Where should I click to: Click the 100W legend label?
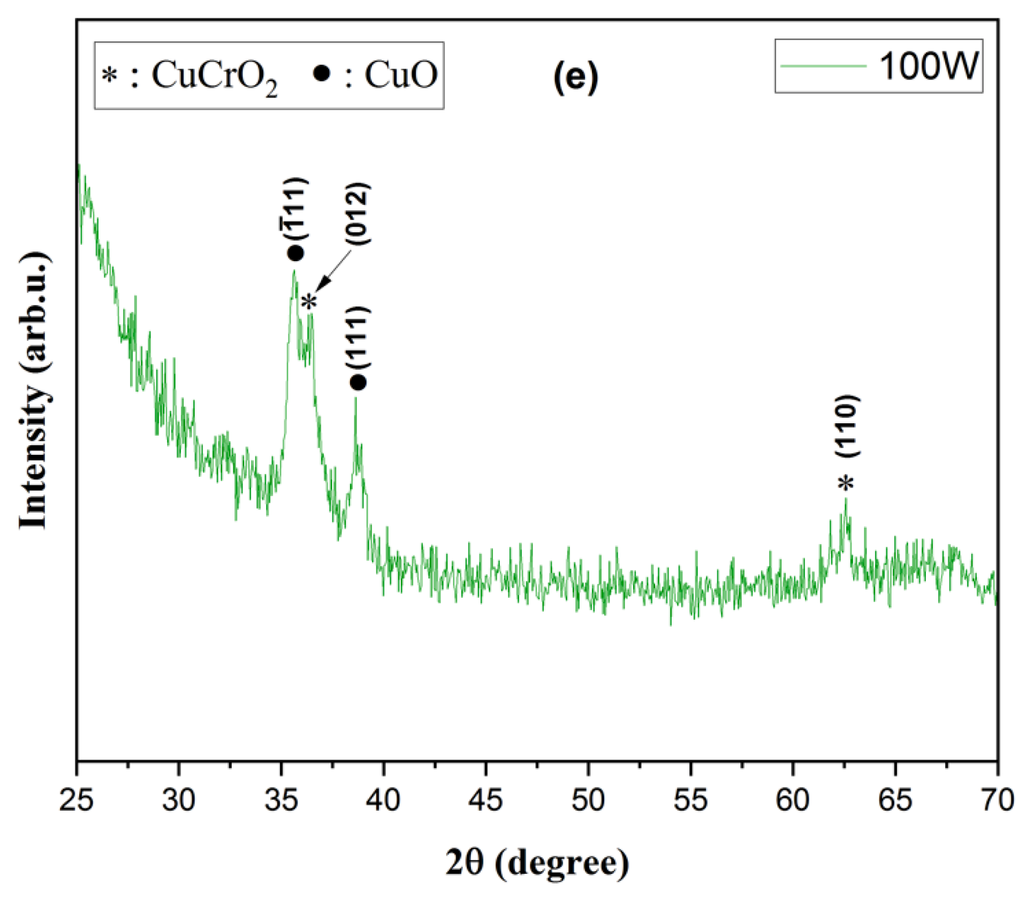pos(929,67)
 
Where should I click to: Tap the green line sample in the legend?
pos(823,66)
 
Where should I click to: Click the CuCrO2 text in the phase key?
pos(214,77)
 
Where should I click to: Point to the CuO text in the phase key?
pos(401,75)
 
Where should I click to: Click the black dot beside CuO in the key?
pos(322,73)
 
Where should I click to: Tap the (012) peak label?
pos(358,214)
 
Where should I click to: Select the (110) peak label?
pos(848,426)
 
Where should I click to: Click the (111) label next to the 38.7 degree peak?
pos(358,337)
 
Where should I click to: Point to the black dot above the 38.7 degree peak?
pos(358,383)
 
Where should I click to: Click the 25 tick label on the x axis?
pos(76,801)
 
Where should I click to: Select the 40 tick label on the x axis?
pos(383,801)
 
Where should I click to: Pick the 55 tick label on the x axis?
pos(690,801)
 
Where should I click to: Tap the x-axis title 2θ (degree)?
pos(537,863)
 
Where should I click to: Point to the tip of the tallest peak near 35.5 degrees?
pos(294,271)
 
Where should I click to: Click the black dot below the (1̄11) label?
pos(295,253)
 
